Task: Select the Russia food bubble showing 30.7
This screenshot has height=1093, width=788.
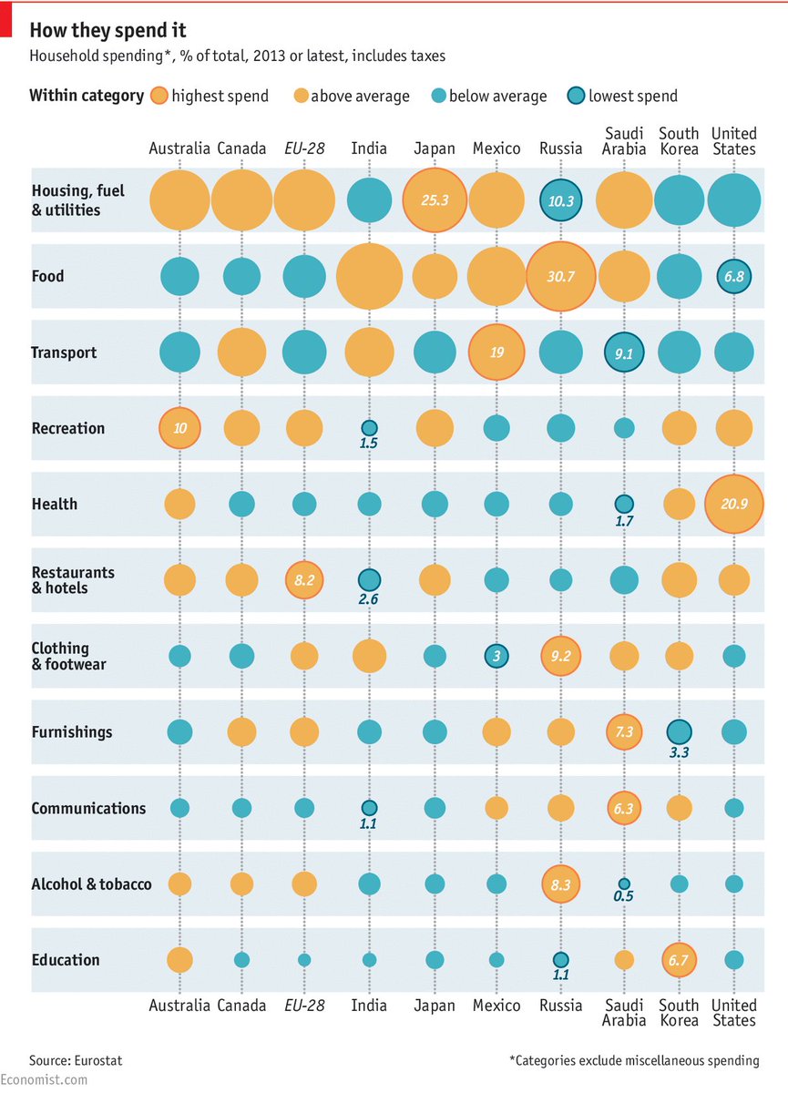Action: point(560,276)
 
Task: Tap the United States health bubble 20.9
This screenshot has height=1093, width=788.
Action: point(733,504)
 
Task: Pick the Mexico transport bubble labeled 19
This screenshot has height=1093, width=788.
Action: point(496,352)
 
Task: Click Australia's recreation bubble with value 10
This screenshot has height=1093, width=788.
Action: point(179,428)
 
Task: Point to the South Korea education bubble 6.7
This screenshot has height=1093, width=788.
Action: point(679,959)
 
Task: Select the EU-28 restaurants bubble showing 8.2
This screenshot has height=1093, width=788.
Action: point(304,579)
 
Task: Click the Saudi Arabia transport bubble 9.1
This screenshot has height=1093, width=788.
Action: point(624,352)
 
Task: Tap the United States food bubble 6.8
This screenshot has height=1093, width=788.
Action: point(733,276)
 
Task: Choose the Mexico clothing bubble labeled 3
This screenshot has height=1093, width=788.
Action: point(496,656)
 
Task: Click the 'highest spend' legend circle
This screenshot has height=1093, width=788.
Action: point(159,96)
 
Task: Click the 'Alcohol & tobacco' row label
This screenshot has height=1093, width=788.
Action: point(91,884)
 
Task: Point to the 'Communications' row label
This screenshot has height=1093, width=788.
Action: point(88,808)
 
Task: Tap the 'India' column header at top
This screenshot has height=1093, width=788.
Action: point(369,148)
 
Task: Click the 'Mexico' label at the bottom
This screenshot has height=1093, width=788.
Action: point(496,1005)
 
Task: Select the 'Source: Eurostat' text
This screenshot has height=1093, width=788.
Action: point(76,1060)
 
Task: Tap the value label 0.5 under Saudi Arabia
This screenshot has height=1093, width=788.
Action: point(624,896)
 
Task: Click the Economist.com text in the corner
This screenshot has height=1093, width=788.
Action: point(45,1080)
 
